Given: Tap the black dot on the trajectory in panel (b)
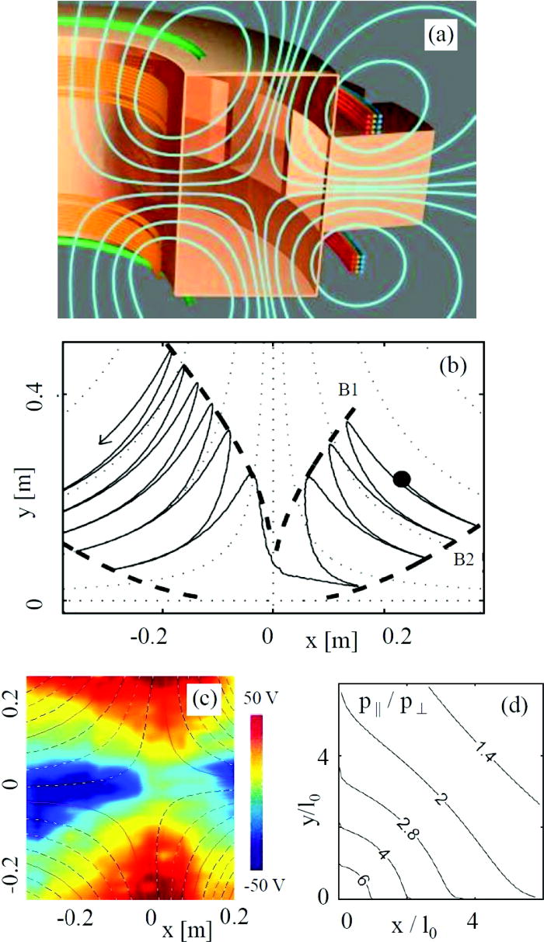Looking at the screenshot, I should pos(401,478).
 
